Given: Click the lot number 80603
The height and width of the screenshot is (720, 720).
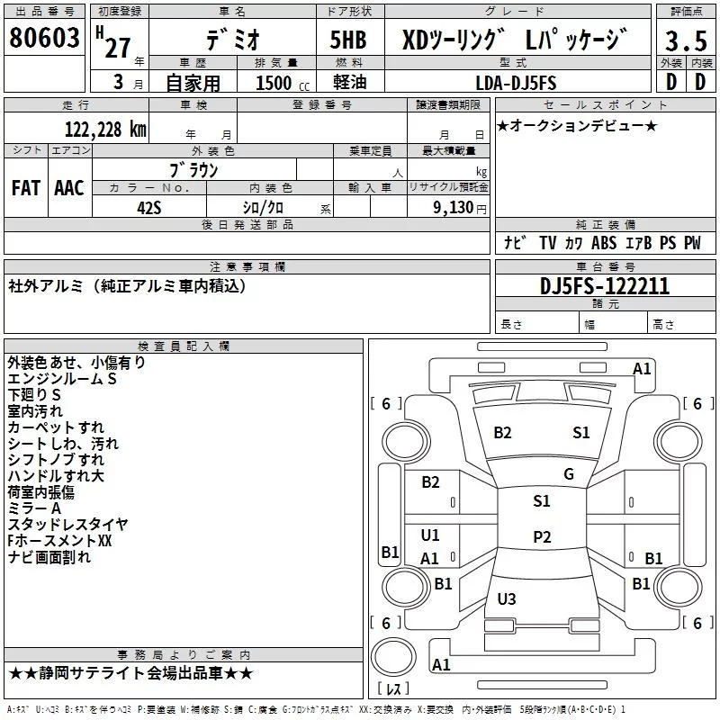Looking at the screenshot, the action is [x=44, y=40].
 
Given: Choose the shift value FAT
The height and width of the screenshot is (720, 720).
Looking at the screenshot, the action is [x=25, y=187].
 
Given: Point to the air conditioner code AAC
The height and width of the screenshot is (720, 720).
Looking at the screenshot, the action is [x=68, y=187].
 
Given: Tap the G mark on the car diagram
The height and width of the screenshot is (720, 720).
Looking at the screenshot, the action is [x=568, y=474].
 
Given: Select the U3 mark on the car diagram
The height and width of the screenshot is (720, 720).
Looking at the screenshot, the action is [x=506, y=599].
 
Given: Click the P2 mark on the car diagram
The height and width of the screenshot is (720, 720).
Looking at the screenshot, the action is [x=541, y=537].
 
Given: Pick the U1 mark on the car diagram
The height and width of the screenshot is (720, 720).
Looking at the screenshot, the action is [x=430, y=535].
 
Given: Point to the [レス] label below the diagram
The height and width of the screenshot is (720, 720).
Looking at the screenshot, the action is [x=392, y=689].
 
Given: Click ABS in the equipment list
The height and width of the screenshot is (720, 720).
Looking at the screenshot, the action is [x=605, y=243].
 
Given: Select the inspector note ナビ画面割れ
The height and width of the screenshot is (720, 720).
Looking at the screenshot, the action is [x=49, y=557].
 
